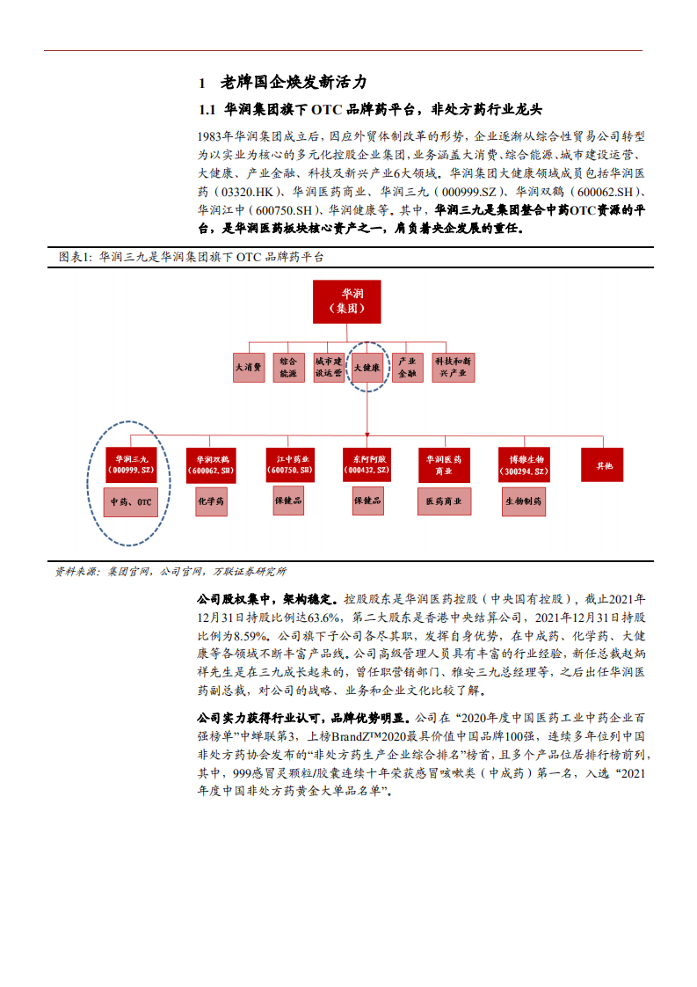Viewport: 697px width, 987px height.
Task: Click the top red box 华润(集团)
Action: (345, 302)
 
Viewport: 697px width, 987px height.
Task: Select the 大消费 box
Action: (249, 368)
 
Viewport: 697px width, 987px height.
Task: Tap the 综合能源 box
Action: (287, 367)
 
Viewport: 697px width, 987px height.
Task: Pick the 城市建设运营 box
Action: (328, 367)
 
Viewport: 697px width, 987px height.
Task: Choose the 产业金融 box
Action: (406, 367)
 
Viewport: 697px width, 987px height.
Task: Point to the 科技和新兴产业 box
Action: (454, 367)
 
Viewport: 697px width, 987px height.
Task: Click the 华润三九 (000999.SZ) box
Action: (130, 464)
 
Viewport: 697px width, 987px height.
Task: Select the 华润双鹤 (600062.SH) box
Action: (211, 464)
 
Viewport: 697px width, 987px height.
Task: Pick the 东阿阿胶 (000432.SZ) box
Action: (367, 464)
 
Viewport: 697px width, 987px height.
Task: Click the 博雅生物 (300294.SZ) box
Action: (526, 464)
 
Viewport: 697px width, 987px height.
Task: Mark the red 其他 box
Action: (603, 464)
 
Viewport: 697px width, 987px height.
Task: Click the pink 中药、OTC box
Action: (130, 503)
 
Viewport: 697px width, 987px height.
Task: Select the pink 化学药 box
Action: (211, 501)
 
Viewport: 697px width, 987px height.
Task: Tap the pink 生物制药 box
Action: (526, 501)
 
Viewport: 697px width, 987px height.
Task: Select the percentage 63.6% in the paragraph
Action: (321, 614)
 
